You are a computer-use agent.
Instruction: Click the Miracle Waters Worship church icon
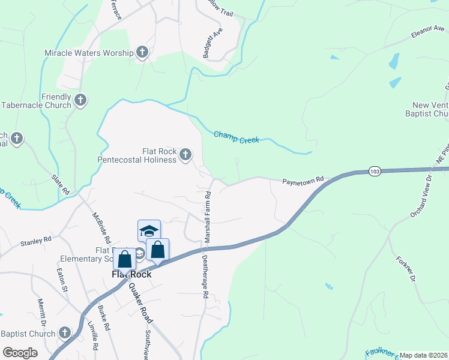click(142, 52)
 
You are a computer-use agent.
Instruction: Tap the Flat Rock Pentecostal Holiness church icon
click(185, 155)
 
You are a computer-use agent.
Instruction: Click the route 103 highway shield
click(374, 171)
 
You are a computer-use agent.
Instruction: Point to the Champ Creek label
click(237, 137)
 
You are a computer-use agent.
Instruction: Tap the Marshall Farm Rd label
click(208, 217)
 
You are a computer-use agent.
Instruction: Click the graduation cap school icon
click(149, 231)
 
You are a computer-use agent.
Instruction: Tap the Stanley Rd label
click(36, 242)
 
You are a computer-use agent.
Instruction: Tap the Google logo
click(20, 353)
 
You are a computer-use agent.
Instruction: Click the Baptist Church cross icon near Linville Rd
click(65, 333)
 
